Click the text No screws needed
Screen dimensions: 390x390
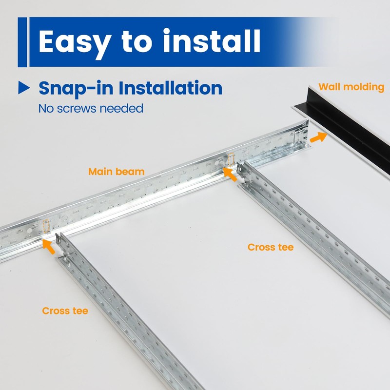[91, 108]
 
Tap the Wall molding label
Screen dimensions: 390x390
[351, 87]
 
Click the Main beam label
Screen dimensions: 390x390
[116, 172]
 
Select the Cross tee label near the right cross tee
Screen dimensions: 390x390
[271, 247]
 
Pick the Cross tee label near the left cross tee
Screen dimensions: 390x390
[65, 311]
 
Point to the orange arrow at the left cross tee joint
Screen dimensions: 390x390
[49, 246]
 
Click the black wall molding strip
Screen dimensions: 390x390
[351, 132]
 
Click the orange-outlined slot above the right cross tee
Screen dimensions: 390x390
[231, 159]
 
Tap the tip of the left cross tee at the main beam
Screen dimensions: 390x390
[59, 240]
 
